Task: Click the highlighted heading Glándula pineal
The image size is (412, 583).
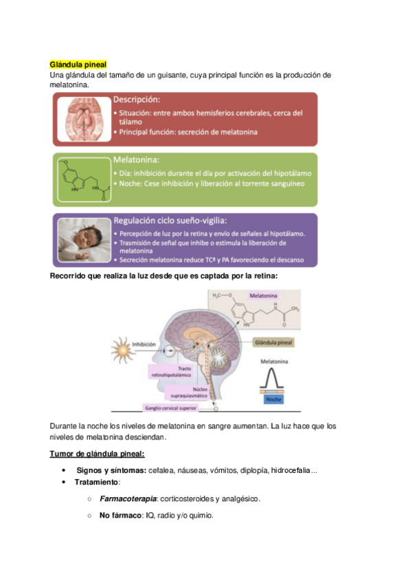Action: coord(78,64)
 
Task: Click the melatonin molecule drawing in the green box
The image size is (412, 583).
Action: coord(82,180)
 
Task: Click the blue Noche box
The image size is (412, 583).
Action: coord(277,398)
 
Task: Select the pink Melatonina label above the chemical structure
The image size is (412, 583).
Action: coord(262,296)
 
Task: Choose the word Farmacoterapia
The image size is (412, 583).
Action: coord(128,498)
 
